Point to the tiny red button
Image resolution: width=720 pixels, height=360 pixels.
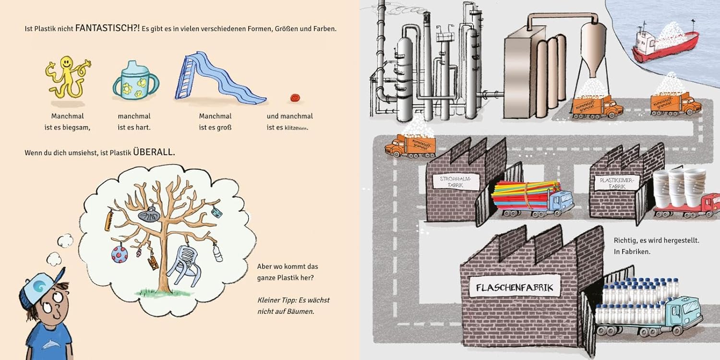(x=295, y=97)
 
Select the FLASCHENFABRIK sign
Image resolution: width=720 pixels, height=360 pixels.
(x=515, y=288)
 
